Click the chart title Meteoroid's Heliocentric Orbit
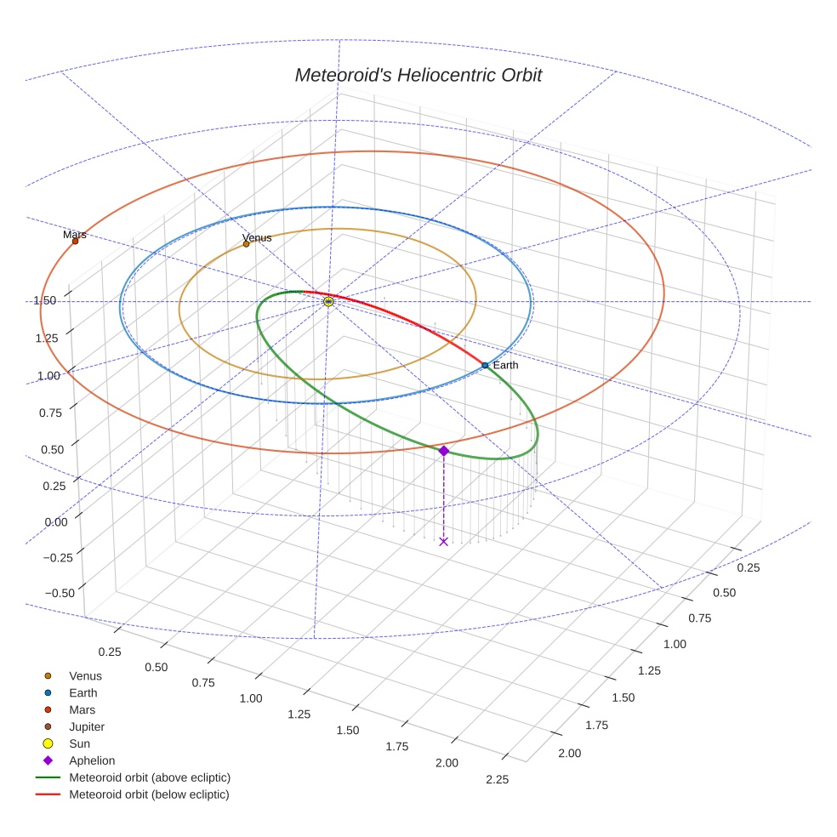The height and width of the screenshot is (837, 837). [418, 75]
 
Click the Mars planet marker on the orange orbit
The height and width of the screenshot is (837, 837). [75, 241]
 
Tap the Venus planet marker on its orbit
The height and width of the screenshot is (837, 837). [247, 244]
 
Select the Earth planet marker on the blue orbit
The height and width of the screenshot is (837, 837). [485, 365]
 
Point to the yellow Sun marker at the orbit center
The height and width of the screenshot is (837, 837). [328, 301]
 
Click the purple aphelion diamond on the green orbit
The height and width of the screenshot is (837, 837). [443, 451]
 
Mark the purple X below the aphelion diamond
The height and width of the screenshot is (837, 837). [443, 541]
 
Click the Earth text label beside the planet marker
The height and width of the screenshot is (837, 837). [505, 365]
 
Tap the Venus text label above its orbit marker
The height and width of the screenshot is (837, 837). [257, 237]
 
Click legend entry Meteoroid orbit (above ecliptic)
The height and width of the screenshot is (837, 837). [150, 777]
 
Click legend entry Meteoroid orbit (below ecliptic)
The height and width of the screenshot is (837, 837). [149, 794]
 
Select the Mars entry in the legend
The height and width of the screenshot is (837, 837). [82, 709]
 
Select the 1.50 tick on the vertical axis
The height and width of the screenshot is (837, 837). [45, 300]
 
